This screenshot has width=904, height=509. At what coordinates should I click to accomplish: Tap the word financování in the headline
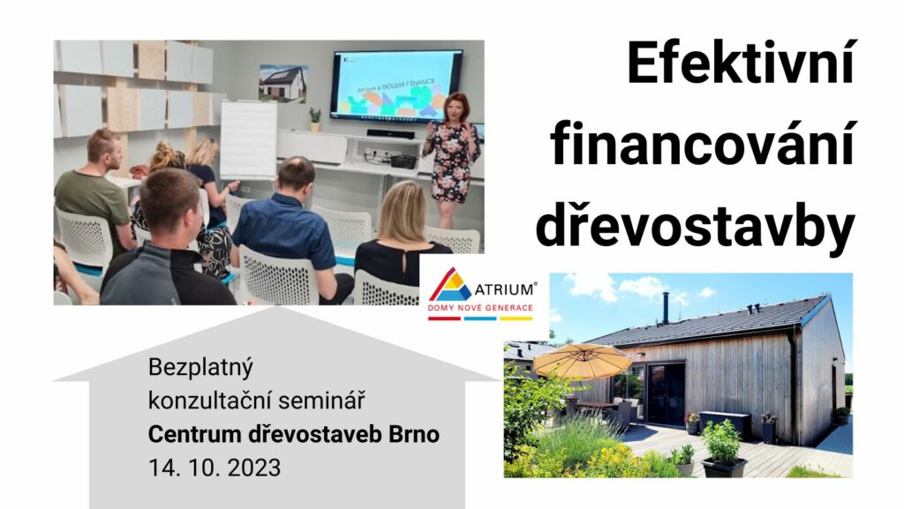(x=702, y=144)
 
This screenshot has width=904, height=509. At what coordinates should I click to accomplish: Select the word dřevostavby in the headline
(x=695, y=228)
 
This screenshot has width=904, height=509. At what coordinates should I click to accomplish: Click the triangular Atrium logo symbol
(x=449, y=284)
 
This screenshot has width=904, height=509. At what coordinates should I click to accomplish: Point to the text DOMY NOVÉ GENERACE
(x=479, y=308)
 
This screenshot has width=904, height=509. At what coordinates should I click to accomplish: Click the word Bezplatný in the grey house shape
(x=200, y=368)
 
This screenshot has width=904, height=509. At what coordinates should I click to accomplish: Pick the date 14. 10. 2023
(x=215, y=468)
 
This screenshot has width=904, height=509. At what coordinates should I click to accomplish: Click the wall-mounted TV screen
(x=396, y=86)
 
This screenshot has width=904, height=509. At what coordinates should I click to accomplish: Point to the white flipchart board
(x=248, y=140)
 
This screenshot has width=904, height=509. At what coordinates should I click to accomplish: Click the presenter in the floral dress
(x=451, y=158)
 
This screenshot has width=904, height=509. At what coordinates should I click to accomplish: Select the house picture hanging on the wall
(x=283, y=84)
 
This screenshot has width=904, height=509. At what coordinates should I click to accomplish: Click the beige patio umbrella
(x=582, y=361)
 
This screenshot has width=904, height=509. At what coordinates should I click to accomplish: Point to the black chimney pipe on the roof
(x=666, y=308)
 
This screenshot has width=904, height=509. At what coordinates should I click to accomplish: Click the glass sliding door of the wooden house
(x=666, y=394)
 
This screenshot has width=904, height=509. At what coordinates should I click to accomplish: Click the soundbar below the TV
(x=390, y=133)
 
